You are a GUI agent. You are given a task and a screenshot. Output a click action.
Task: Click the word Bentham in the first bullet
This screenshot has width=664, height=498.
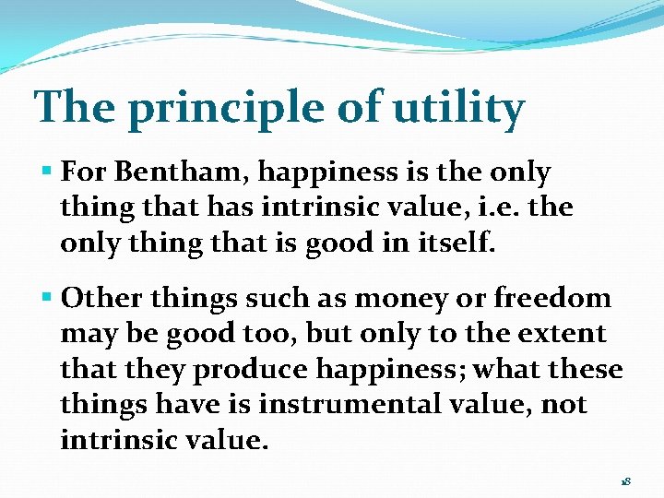[x=182, y=172]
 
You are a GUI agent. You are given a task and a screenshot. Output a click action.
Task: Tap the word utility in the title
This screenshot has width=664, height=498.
[x=458, y=109]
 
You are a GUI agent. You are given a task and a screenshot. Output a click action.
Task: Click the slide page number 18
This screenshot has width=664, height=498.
[x=626, y=481]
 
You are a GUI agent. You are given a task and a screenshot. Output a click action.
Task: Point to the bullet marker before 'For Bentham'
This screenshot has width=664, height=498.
[x=47, y=172]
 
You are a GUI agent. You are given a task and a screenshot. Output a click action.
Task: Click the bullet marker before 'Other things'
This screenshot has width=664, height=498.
[x=47, y=295]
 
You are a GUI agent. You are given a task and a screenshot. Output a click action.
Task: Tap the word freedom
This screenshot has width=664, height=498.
[x=552, y=297]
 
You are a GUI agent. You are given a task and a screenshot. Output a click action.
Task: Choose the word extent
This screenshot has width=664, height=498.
[x=562, y=334]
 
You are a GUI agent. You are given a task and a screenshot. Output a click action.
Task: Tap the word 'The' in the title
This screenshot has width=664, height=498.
[x=75, y=106]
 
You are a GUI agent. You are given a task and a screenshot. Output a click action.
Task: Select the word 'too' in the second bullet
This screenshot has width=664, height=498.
[x=269, y=335]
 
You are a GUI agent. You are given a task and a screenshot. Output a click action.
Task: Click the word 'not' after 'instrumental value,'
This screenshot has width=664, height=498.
[x=564, y=405]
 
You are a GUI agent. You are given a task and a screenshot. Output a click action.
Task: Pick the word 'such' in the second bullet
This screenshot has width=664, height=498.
[x=277, y=297]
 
